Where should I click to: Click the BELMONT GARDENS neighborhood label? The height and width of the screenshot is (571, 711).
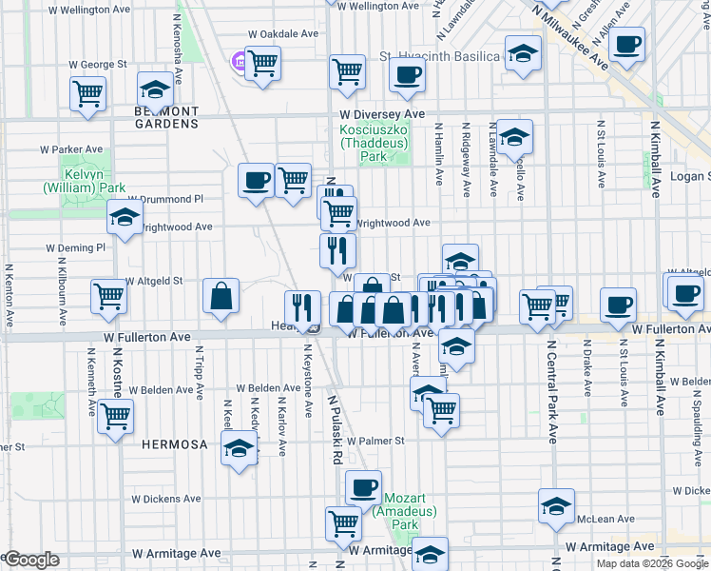coord(159,117)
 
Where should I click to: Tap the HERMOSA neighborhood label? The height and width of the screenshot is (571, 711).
coord(167,444)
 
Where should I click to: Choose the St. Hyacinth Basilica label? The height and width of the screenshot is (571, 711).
coord(439,56)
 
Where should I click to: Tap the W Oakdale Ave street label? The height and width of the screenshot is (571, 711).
coord(283,33)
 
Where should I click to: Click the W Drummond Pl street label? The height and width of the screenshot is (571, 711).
coord(171,199)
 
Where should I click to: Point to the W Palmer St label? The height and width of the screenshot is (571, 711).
coord(373,441)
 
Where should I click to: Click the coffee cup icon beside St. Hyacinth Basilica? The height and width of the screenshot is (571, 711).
coord(407,74)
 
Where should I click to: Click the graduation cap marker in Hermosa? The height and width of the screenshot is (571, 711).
coord(239,448)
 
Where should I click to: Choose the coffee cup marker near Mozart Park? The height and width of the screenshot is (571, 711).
coord(362,488)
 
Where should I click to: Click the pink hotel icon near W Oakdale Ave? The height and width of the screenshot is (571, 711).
coord(238,63)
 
